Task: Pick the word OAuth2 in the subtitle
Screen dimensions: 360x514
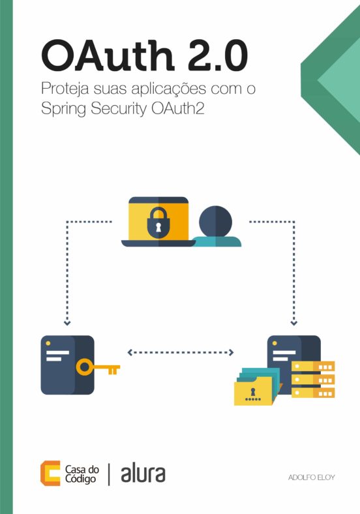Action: pos(177,108)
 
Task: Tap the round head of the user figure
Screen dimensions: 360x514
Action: pos(215,222)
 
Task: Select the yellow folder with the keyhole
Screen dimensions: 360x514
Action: pos(254,391)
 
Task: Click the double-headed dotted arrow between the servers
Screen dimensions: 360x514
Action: pos(181,352)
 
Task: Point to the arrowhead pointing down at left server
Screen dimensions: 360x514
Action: pos(67,323)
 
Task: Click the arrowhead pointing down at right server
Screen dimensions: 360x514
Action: pos(293,323)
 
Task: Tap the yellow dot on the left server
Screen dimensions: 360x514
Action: pos(48,343)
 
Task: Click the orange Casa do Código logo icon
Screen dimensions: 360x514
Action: pos(50,473)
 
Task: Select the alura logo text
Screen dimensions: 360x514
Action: pos(143,474)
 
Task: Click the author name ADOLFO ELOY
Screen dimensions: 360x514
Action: pos(312,477)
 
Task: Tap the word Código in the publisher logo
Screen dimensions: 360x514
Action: pos(80,479)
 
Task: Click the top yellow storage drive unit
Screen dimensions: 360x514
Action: pos(314,366)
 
